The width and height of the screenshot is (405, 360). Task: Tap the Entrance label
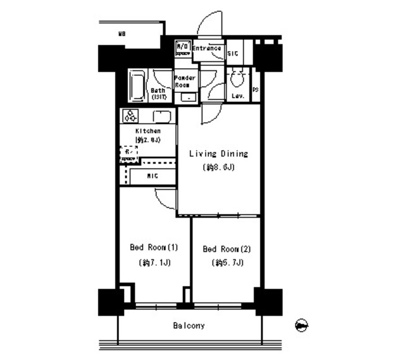click(x=206, y=49)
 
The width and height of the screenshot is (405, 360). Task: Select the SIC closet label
click(x=233, y=54)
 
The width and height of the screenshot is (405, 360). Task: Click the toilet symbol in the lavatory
click(x=238, y=80)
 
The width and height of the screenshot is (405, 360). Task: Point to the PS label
click(x=256, y=90)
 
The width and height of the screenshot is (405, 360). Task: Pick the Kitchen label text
click(x=147, y=131)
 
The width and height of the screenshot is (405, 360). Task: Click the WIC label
click(x=153, y=175)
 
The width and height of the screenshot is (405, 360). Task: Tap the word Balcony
click(x=189, y=326)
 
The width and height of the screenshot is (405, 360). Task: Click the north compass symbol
click(x=302, y=326)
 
